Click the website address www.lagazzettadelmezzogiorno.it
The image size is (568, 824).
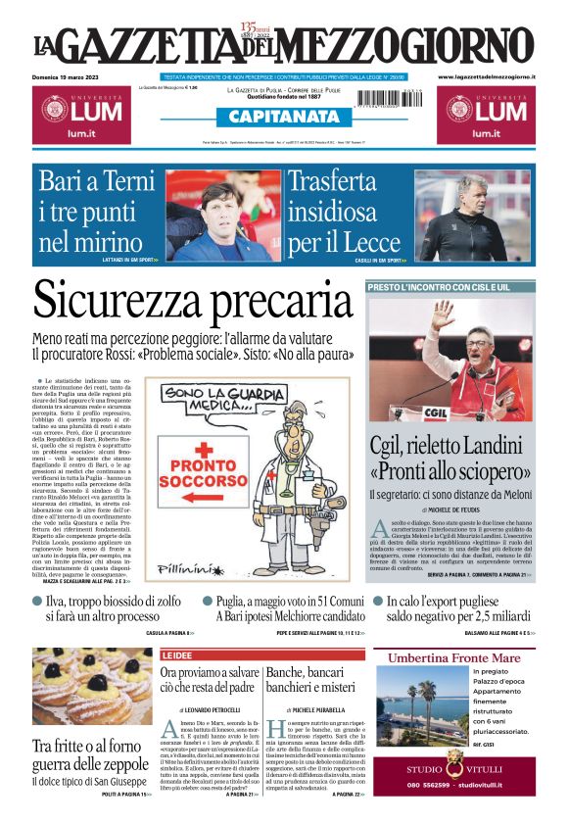click(x=487, y=75)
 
